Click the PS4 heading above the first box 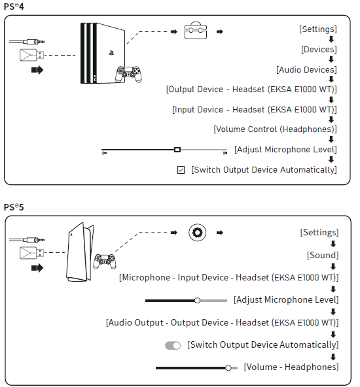[x=14, y=7]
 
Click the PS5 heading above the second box [x=14, y=207]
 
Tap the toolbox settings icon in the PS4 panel [x=196, y=30]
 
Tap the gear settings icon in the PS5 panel [x=197, y=233]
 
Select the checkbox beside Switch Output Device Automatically [x=181, y=170]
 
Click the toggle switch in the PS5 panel [x=173, y=345]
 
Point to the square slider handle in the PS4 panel [x=177, y=150]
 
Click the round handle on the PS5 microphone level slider [x=197, y=300]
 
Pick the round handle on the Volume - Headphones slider [x=228, y=368]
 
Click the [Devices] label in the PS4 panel [x=319, y=50]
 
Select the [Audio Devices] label [x=306, y=69]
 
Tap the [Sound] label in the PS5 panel [x=323, y=255]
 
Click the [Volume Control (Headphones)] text [x=275, y=129]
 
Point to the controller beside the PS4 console [x=128, y=74]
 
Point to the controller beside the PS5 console [x=105, y=261]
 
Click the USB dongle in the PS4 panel [x=31, y=55]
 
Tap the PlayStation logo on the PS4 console [x=111, y=52]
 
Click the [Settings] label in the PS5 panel [x=319, y=232]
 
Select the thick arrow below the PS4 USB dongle [x=37, y=70]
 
